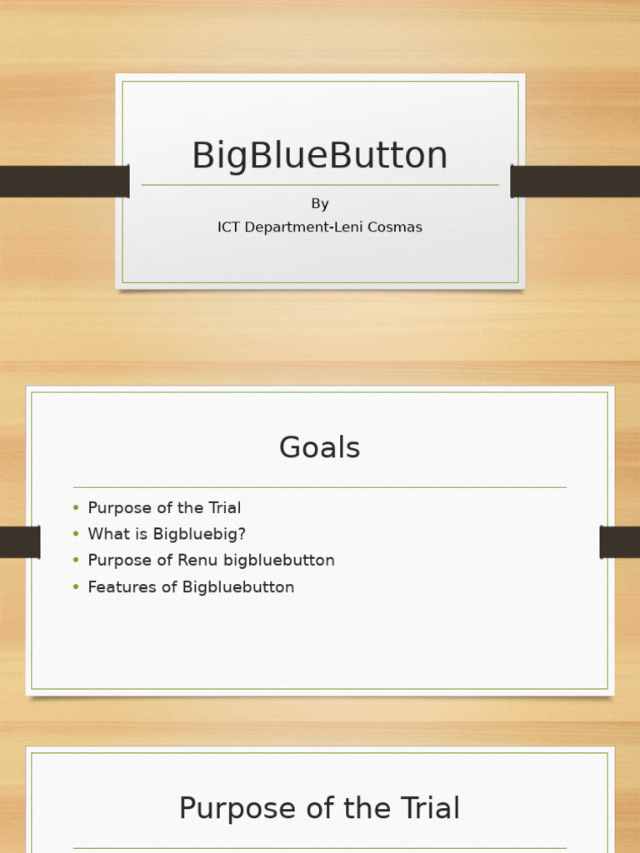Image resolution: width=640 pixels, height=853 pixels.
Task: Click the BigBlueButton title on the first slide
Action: [x=320, y=156]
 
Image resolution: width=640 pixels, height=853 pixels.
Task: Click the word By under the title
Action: [x=320, y=204]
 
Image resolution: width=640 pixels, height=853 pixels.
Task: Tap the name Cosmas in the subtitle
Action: [x=396, y=227]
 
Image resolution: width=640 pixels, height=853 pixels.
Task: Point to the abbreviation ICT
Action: [x=229, y=227]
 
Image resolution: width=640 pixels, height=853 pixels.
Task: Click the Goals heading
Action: [x=320, y=448]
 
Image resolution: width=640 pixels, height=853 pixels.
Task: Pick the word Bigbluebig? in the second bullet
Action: [x=200, y=534]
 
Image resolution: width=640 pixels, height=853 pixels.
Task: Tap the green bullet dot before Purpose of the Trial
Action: [x=76, y=508]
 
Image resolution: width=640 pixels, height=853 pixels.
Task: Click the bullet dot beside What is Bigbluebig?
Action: [x=76, y=534]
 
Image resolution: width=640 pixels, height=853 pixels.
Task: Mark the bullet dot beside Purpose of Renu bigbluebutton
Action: [x=76, y=561]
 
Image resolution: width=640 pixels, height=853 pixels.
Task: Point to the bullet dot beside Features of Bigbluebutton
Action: [x=76, y=587]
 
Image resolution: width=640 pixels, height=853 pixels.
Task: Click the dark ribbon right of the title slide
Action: [x=575, y=182]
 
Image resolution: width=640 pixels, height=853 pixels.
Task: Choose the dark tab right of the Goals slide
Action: [x=619, y=542]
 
